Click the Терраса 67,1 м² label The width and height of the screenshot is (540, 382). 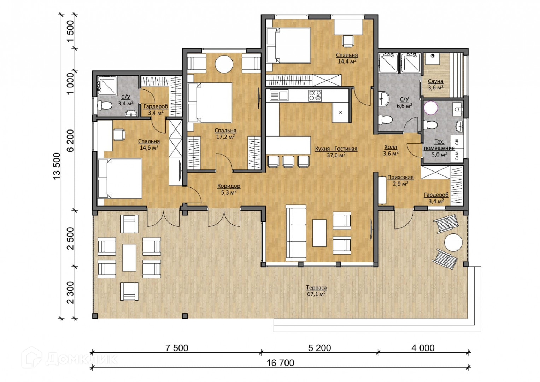click(316, 291)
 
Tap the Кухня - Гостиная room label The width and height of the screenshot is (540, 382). click(336, 149)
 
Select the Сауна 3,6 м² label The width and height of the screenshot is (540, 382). click(435, 85)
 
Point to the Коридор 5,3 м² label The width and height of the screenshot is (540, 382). click(229, 189)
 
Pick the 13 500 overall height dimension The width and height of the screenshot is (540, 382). click(57, 166)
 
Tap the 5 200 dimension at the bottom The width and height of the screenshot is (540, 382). click(319, 348)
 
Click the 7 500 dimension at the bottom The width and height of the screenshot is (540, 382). click(177, 348)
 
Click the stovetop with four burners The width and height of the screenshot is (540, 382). click(315, 95)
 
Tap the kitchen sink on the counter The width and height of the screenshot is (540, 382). click(279, 95)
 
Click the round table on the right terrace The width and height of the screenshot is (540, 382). click(453, 243)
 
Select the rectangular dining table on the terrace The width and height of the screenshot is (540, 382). click(129, 258)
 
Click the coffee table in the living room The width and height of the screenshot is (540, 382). click(319, 233)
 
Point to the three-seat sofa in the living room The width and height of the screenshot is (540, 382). click(296, 233)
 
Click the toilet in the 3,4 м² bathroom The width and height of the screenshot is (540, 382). click(105, 105)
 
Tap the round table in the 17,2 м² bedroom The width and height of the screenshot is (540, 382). click(224, 64)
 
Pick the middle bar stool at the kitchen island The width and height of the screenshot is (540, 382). click(288, 161)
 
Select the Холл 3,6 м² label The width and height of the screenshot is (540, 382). click(391, 150)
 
